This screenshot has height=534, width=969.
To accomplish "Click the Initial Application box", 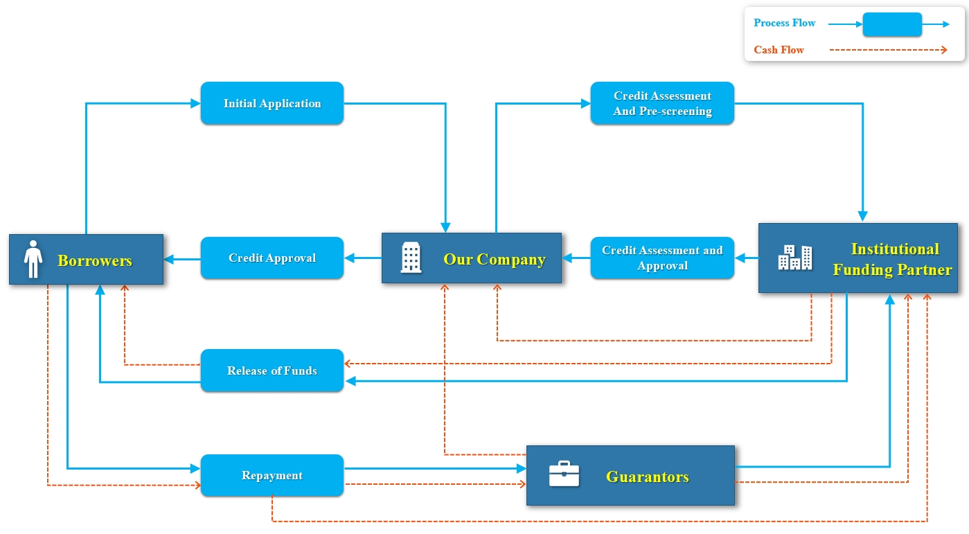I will [x=272, y=103].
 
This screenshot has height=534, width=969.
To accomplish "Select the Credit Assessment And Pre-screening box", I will [x=662, y=103].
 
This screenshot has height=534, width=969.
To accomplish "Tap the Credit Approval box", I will [x=272, y=258].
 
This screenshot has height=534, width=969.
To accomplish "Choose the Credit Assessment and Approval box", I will [x=662, y=258].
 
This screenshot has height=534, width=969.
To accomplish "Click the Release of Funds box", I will [x=272, y=371].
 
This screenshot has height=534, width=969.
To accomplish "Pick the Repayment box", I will [x=272, y=475].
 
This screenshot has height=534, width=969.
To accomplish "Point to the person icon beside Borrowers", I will [x=33, y=259].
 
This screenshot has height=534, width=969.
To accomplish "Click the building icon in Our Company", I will [x=411, y=258].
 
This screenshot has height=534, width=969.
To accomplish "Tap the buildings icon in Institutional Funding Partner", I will [x=794, y=258].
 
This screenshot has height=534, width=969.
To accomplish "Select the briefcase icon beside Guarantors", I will [x=564, y=474].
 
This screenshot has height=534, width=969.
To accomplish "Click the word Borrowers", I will [x=95, y=260].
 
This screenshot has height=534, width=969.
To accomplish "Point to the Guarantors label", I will [x=648, y=477].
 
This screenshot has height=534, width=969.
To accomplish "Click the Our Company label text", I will [x=495, y=259].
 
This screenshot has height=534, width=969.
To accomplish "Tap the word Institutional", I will [x=895, y=249].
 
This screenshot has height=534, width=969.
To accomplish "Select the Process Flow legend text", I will [x=785, y=23].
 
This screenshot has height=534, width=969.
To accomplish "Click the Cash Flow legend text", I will [x=779, y=50].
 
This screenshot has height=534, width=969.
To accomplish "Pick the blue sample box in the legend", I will [x=892, y=24].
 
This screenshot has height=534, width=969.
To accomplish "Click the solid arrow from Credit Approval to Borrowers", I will [x=182, y=259].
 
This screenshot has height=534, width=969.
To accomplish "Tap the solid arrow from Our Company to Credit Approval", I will [x=362, y=258].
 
